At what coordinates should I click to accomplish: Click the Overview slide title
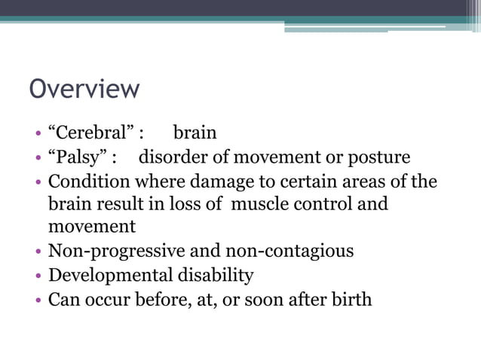[x=84, y=89]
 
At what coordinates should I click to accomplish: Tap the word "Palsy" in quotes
[x=78, y=157]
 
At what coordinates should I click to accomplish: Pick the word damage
[x=213, y=182]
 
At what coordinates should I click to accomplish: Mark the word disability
[x=216, y=276]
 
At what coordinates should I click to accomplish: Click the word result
[x=113, y=204]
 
